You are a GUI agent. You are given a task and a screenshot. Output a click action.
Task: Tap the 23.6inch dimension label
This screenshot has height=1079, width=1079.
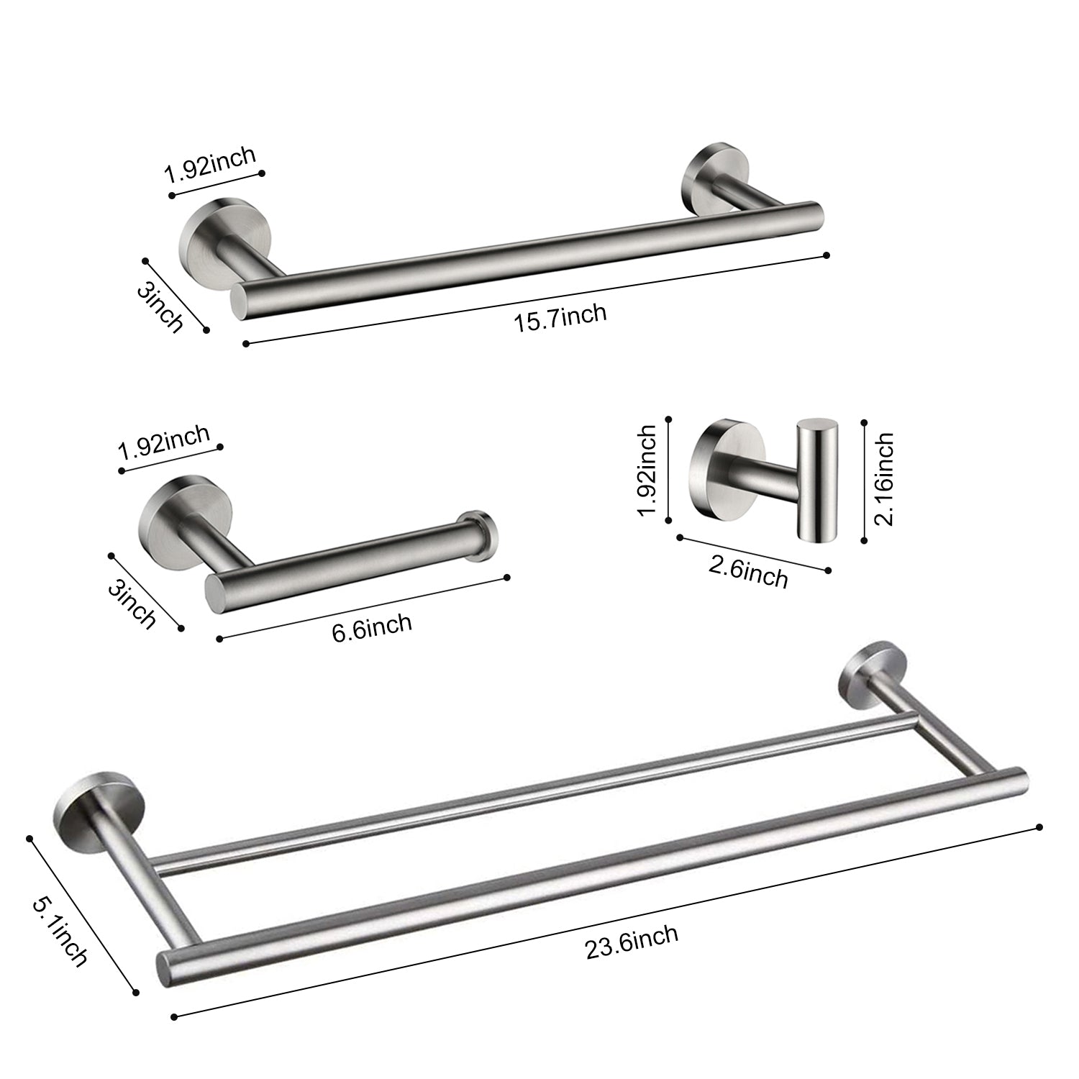(632, 942)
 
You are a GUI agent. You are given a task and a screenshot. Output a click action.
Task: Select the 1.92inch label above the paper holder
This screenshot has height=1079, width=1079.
(164, 443)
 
